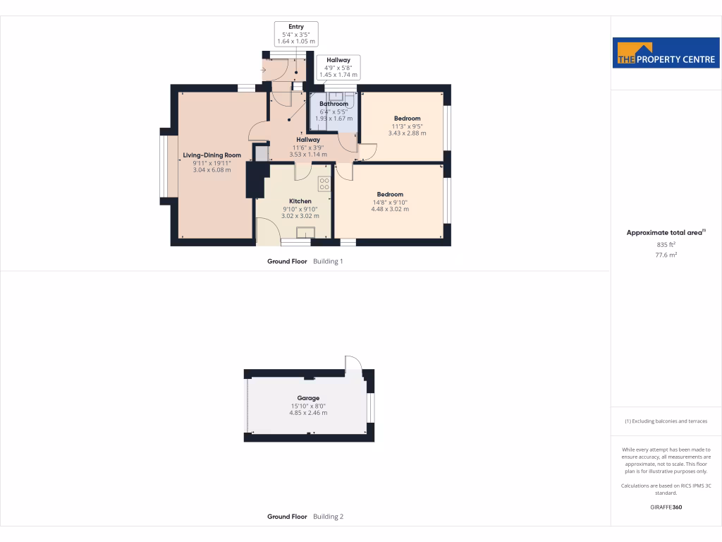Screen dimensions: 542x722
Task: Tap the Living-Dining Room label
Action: pos(212,155)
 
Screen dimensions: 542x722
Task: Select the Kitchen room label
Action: pos(300,201)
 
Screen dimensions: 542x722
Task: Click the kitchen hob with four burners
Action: pos(324,183)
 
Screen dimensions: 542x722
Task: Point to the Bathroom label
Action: pos(334,104)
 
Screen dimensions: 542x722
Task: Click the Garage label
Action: pos(308,398)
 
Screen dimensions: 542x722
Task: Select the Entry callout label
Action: pos(296,27)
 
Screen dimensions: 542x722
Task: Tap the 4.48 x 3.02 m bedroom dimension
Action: pos(390,209)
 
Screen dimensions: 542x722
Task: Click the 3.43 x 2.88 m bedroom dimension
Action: pos(407,133)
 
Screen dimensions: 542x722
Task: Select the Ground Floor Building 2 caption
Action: pos(305,517)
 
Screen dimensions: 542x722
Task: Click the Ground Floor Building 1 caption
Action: pos(305,261)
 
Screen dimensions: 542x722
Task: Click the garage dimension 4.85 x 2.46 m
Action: pos(308,413)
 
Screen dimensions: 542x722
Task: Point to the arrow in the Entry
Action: pos(264,70)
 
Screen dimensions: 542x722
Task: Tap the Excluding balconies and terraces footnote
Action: pos(666,421)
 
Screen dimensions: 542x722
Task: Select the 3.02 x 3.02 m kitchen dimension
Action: pos(300,216)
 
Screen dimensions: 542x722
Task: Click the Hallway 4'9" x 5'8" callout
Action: pos(338,68)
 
